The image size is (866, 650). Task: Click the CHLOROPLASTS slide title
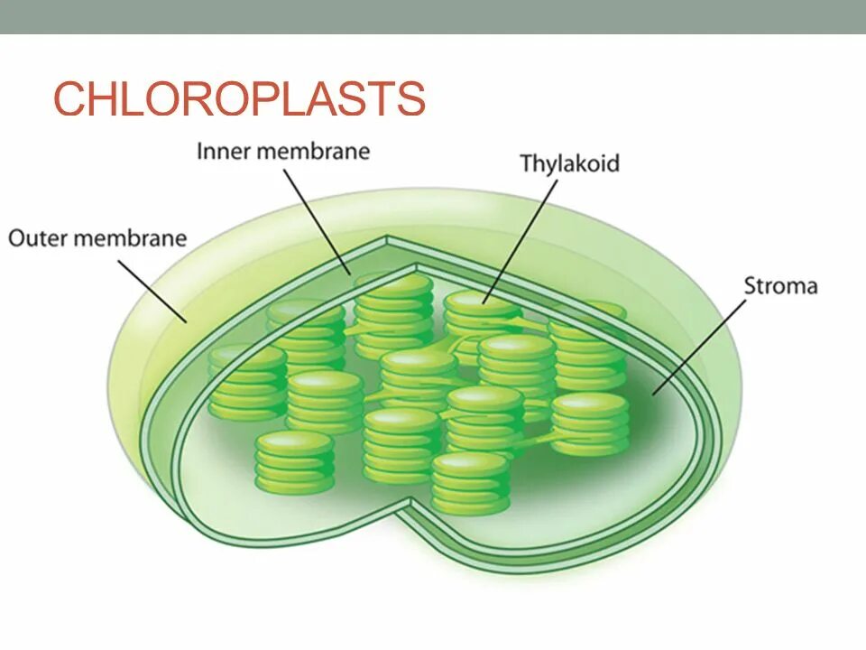tap(239, 98)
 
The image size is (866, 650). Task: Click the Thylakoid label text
tap(569, 164)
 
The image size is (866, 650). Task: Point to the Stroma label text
tap(780, 287)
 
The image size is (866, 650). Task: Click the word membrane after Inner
tap(313, 151)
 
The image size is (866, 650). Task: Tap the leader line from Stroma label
tap(700, 348)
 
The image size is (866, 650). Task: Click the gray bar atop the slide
tap(433, 16)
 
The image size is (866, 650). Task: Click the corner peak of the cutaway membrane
tap(389, 240)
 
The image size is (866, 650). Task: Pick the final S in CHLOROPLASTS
tap(410, 98)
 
